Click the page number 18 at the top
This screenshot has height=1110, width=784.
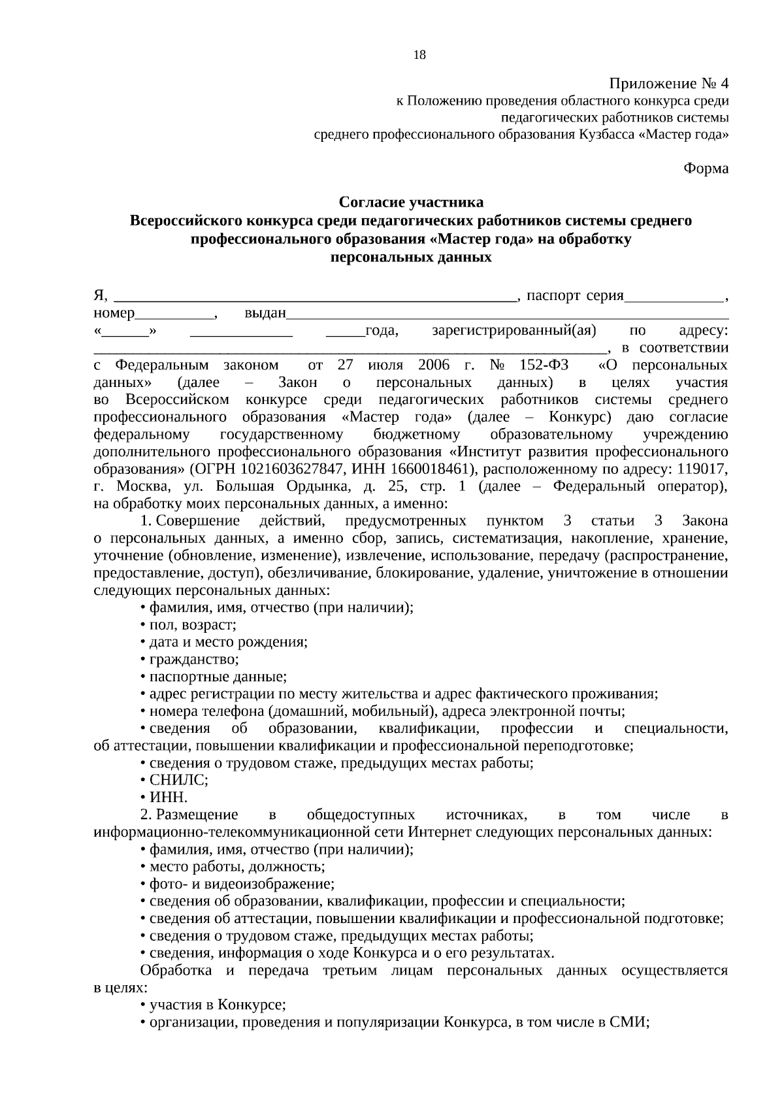pos(419,55)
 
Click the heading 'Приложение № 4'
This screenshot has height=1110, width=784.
pos(668,84)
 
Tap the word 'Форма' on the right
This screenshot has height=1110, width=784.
pos(706,169)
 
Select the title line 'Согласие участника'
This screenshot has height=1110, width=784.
pos(411,202)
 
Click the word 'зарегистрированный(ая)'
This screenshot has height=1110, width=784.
pos(514,331)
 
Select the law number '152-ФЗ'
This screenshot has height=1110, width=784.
pos(546,365)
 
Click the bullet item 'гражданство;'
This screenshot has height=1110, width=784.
pos(194,660)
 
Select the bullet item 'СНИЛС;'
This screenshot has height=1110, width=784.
pos(178,780)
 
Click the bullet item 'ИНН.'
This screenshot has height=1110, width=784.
pos(169,798)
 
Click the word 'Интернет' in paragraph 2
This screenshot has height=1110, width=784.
pos(437,832)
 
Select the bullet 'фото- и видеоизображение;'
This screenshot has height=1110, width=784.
pos(242,884)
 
